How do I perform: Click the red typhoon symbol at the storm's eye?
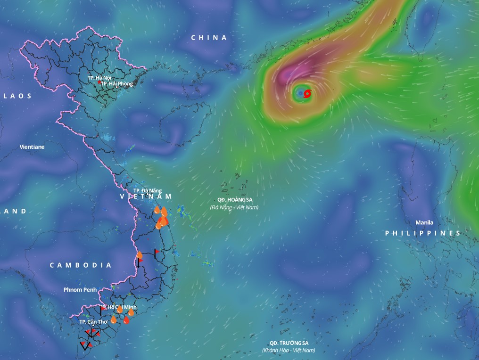307,94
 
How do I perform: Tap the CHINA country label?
209,38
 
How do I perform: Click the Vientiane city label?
32,147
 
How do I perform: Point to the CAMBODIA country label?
81,265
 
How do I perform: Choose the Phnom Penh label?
80,290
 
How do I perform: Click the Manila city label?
424,222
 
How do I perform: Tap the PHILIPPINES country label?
422,233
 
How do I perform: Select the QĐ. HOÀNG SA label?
235,200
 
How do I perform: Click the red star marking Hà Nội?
99,82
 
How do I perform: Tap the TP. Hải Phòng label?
117,83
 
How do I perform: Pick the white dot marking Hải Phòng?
117,87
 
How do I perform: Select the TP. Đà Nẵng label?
148,190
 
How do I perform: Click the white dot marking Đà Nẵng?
148,195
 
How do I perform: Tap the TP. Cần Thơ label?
93,321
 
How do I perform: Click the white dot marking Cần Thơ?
93,326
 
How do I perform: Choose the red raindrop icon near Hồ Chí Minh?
126,320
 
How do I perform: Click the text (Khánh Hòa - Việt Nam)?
289,350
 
